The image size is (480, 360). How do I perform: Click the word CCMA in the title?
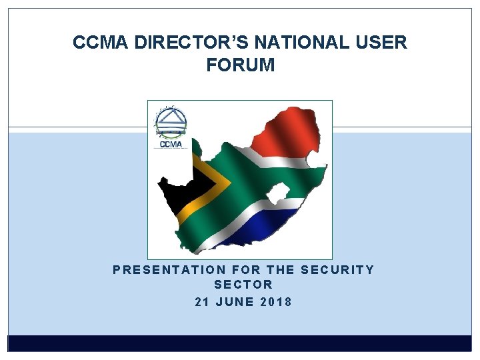[101, 43]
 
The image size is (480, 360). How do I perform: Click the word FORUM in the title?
[240, 65]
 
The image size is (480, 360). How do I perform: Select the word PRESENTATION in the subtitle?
[169, 269]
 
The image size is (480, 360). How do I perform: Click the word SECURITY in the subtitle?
[338, 269]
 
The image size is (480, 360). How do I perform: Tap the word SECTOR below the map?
[244, 285]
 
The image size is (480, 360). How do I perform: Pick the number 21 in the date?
[203, 301]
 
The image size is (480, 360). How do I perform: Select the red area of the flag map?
[287, 137]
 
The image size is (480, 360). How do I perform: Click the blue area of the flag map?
[267, 223]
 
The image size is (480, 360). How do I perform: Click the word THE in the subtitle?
[281, 269]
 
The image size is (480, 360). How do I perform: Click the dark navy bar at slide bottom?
[240, 343]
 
